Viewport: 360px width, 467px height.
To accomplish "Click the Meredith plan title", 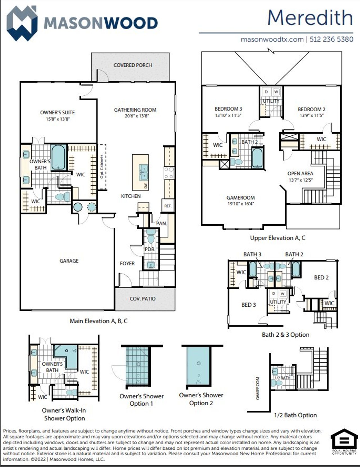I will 310,17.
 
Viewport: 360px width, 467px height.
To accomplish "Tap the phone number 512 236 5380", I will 331,39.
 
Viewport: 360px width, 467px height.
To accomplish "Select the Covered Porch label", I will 132,65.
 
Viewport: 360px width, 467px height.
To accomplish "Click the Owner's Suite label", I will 57,112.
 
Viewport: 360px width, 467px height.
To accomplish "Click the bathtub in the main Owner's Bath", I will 58,157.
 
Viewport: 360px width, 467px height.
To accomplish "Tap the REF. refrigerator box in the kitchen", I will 168,206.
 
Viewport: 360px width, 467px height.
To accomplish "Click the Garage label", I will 69,261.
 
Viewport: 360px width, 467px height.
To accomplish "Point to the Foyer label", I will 127,263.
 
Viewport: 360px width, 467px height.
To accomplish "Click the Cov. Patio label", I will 142,299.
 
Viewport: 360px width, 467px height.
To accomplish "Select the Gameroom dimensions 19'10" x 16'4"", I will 240,204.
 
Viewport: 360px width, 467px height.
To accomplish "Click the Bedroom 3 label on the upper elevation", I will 228,109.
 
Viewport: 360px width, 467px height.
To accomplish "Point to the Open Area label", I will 300,174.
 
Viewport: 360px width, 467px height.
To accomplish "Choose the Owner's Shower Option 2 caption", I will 201,399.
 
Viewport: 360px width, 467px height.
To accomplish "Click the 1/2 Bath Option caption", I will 295,415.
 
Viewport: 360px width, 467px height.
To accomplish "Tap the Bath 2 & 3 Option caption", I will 285,335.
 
